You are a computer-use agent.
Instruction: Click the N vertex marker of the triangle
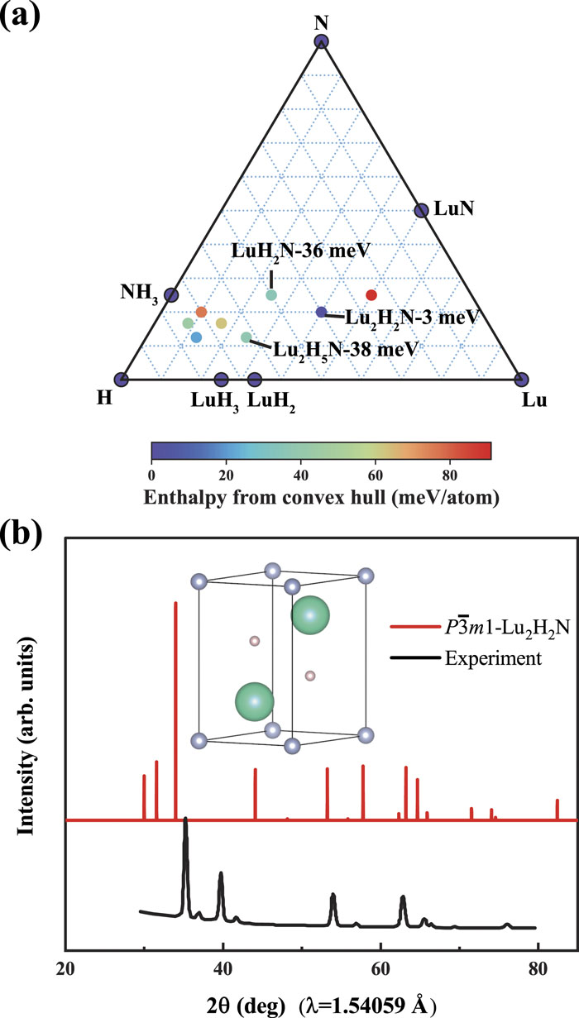click(x=321, y=42)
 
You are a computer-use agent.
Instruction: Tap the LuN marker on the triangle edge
click(x=422, y=210)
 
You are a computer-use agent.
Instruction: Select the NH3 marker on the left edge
click(x=171, y=295)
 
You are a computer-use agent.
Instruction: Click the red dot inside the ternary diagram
click(x=371, y=295)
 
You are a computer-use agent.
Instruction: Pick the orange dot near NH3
click(x=201, y=313)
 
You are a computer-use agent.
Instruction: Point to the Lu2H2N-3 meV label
click(x=412, y=318)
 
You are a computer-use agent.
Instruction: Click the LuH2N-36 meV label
click(x=301, y=251)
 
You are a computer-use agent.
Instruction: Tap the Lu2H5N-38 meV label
click(x=345, y=350)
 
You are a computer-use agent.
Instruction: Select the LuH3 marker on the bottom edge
click(x=222, y=379)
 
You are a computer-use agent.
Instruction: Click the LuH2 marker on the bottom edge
click(x=255, y=379)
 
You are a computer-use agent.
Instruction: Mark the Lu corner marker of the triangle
click(x=522, y=379)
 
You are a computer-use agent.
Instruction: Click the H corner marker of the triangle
click(x=121, y=379)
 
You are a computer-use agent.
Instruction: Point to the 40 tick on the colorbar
click(x=300, y=476)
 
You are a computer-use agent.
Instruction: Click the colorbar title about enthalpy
click(x=321, y=498)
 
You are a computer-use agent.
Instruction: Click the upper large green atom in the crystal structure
click(x=310, y=615)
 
